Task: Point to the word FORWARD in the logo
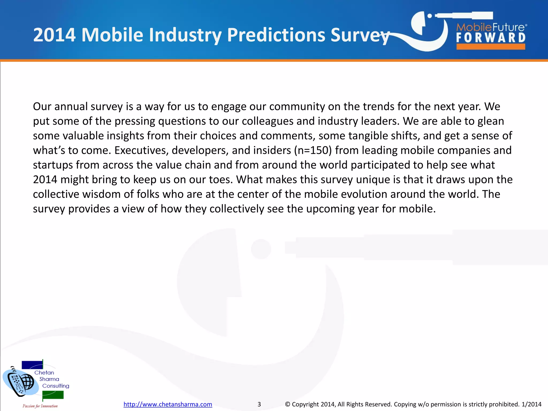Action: (491, 38)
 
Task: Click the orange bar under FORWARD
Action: (491, 47)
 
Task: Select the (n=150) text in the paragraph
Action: (313, 150)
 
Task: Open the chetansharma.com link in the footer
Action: (168, 404)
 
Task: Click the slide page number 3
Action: (259, 404)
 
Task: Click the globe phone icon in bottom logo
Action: (21, 381)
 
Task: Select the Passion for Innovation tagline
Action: (40, 406)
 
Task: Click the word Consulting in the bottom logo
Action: (56, 386)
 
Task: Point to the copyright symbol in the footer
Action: (287, 404)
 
